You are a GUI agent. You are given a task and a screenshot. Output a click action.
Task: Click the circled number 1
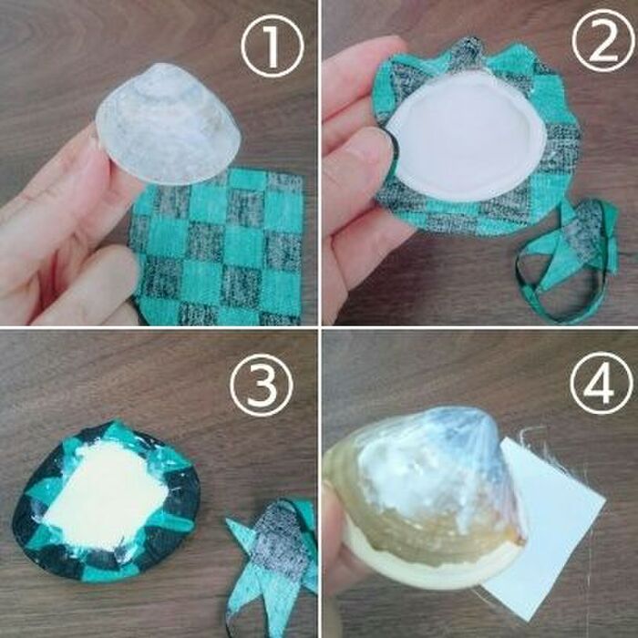coord(273,46)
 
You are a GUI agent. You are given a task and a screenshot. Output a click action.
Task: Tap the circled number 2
coord(603,40)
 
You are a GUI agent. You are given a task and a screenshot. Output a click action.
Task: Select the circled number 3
coord(262,385)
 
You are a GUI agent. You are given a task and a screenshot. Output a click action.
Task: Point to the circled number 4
coord(601,383)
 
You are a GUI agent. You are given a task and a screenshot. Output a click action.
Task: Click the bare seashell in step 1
coord(168,124)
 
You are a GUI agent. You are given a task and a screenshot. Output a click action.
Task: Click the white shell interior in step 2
coord(466,137)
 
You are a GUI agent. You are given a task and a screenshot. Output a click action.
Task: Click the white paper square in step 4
coord(545,529)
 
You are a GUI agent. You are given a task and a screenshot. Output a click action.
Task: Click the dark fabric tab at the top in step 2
coord(468,49)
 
